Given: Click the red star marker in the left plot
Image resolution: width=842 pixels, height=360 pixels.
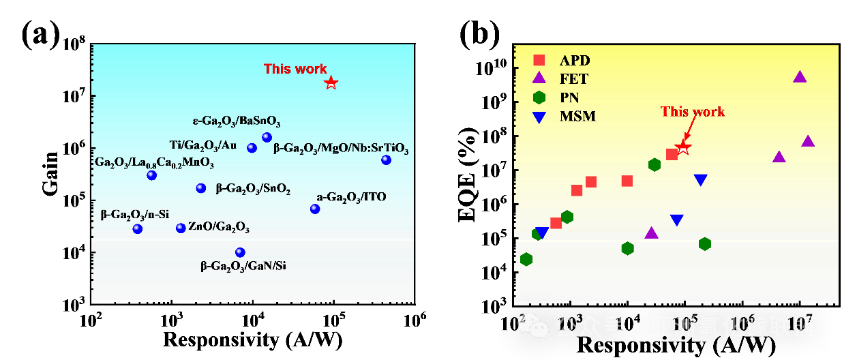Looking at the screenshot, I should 331,82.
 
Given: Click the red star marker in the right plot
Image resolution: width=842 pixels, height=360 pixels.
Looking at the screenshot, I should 682,148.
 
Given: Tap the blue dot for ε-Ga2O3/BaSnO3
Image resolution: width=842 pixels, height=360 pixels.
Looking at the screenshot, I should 267,138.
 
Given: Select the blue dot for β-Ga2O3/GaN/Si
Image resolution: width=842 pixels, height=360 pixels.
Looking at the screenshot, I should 240,252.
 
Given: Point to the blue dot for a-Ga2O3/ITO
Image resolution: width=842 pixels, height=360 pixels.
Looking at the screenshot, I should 315,209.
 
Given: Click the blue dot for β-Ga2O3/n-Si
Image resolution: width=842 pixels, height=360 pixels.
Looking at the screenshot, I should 138,228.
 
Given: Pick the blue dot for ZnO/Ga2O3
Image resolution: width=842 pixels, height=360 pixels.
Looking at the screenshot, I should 181,228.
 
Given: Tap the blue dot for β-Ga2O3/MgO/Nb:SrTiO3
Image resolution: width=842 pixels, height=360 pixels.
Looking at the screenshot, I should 387,160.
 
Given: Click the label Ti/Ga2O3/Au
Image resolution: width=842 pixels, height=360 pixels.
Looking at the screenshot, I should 203,145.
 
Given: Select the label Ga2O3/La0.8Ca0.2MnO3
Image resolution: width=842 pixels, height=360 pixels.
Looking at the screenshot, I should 154,163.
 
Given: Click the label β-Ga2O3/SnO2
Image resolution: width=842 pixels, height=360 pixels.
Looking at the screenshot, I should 253,189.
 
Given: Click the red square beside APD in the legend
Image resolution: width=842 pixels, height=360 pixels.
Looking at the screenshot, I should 539,60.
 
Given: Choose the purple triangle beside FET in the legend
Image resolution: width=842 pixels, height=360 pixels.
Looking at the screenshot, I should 539,78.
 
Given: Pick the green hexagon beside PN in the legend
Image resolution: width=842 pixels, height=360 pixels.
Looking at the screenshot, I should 539,97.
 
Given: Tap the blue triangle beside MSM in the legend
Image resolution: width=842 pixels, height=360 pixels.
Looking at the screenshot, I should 539,117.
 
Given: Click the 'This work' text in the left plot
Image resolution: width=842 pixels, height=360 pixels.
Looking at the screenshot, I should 295,69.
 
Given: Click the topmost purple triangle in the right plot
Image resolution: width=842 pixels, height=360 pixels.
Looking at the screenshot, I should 800,77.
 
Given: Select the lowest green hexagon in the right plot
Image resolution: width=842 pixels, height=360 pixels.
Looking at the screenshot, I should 526,259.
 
